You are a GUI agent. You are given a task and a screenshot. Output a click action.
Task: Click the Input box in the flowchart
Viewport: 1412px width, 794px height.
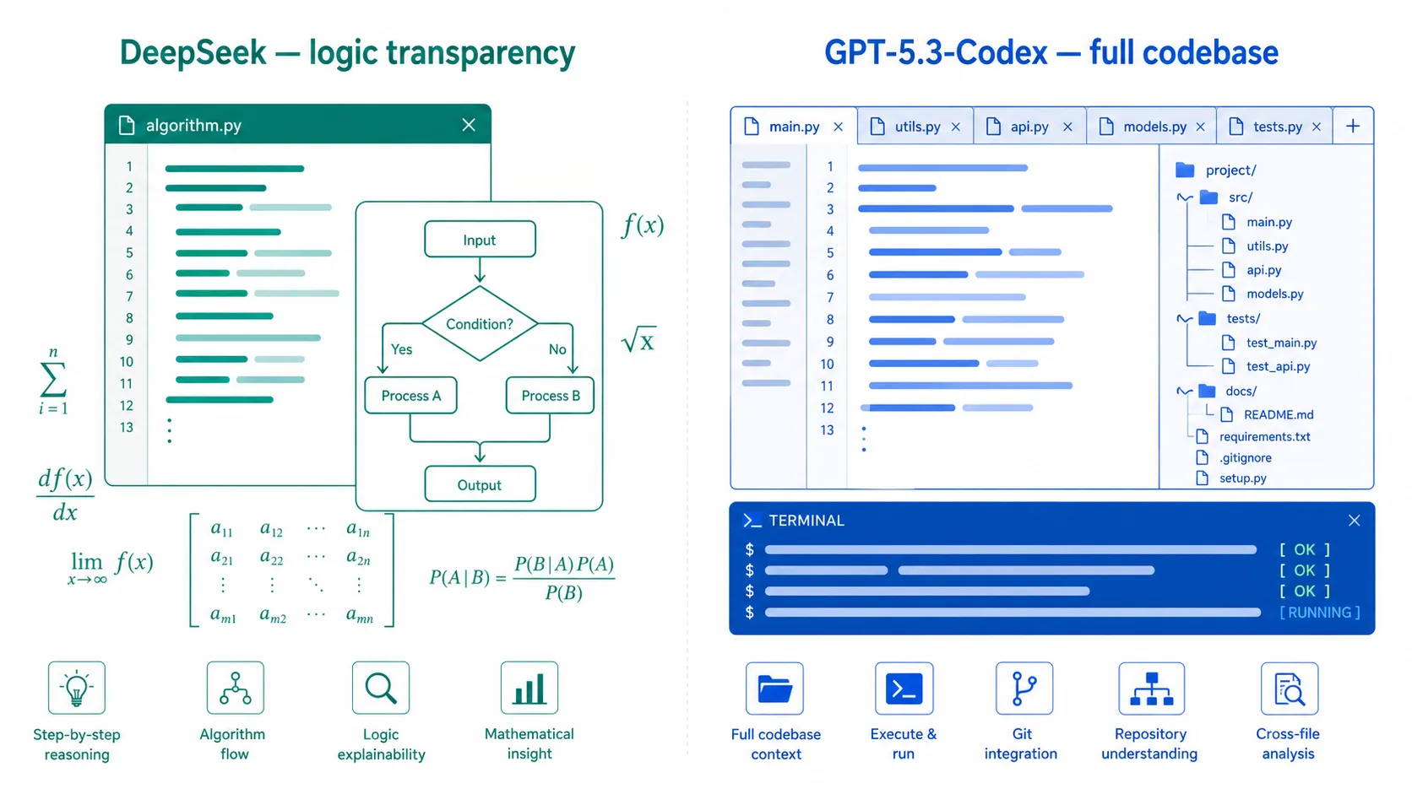click(480, 240)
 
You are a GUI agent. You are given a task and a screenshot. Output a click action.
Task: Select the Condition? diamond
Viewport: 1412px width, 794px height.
click(480, 324)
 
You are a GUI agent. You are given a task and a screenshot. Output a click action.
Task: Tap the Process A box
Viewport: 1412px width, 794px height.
click(411, 396)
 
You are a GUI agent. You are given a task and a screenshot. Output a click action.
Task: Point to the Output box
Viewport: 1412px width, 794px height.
click(480, 484)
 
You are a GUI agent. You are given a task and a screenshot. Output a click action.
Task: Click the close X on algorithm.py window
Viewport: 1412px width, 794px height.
click(469, 125)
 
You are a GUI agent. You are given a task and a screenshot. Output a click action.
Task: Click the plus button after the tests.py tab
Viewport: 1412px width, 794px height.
click(1353, 127)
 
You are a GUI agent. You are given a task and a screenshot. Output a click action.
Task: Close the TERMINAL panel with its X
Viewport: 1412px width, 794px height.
click(1354, 520)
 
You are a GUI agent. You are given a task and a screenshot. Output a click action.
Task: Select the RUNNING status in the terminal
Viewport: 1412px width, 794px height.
click(1320, 612)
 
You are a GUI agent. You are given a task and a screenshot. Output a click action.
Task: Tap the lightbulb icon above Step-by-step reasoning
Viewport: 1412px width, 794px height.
click(77, 688)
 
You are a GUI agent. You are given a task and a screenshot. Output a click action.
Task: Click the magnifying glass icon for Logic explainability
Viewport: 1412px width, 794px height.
click(381, 688)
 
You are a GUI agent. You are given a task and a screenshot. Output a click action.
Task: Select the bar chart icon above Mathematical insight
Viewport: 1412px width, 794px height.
click(529, 688)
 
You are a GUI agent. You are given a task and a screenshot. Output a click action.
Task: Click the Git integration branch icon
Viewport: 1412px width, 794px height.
click(1024, 689)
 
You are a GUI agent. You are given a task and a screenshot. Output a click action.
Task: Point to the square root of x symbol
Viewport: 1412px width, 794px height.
click(639, 340)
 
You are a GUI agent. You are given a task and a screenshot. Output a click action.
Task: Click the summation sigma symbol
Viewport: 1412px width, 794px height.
click(53, 381)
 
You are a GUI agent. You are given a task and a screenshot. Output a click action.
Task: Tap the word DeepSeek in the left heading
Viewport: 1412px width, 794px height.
click(193, 53)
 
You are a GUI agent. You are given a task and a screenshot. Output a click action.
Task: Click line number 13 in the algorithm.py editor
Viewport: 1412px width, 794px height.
click(127, 428)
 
